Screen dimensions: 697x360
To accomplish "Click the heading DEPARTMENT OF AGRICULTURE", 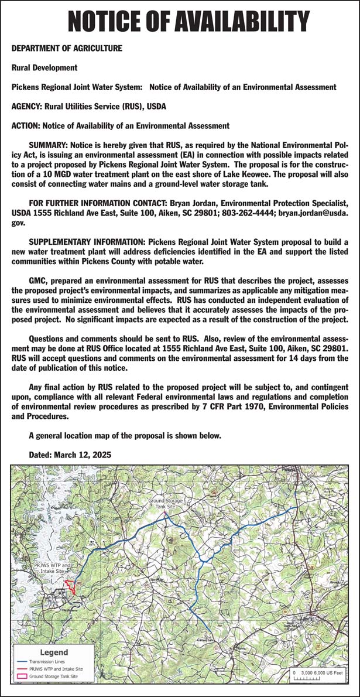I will click(x=67, y=49).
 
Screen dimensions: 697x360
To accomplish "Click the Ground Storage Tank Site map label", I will click(x=166, y=504).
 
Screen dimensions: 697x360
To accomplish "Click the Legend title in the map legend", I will click(x=53, y=652).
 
